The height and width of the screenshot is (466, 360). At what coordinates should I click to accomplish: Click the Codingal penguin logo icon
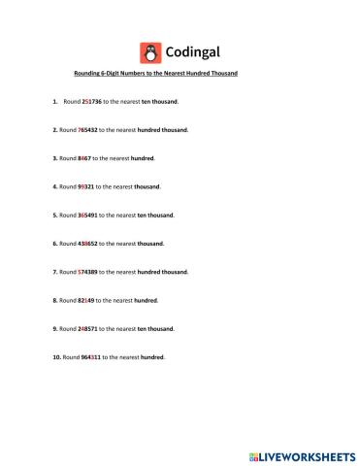tap(149, 51)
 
